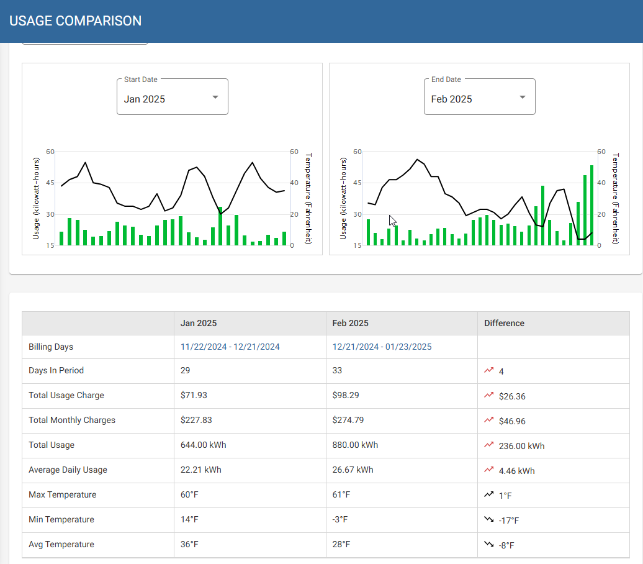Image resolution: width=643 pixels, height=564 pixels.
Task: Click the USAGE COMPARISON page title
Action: point(76,21)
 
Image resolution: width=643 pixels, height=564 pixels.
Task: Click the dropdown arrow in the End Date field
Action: point(523,98)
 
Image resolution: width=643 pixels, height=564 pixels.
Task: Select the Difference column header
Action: point(504,323)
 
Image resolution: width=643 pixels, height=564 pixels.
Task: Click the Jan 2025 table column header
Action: point(199,323)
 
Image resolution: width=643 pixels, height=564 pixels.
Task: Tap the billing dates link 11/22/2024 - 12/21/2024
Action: point(230,347)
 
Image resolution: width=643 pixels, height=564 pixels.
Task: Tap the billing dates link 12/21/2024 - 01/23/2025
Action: point(382,347)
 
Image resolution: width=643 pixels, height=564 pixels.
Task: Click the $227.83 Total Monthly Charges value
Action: point(196,420)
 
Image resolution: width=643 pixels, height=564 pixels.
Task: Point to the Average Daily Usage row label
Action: point(68,470)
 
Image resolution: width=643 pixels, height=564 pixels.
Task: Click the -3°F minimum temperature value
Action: point(341,519)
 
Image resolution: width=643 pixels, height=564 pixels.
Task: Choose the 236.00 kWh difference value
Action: point(521,446)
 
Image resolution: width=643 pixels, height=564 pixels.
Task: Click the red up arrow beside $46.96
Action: point(489,421)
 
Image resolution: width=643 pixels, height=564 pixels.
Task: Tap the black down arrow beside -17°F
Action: point(489,520)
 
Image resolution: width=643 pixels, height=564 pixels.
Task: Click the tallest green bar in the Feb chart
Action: point(591,205)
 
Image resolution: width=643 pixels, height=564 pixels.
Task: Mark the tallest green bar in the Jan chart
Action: point(220,226)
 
